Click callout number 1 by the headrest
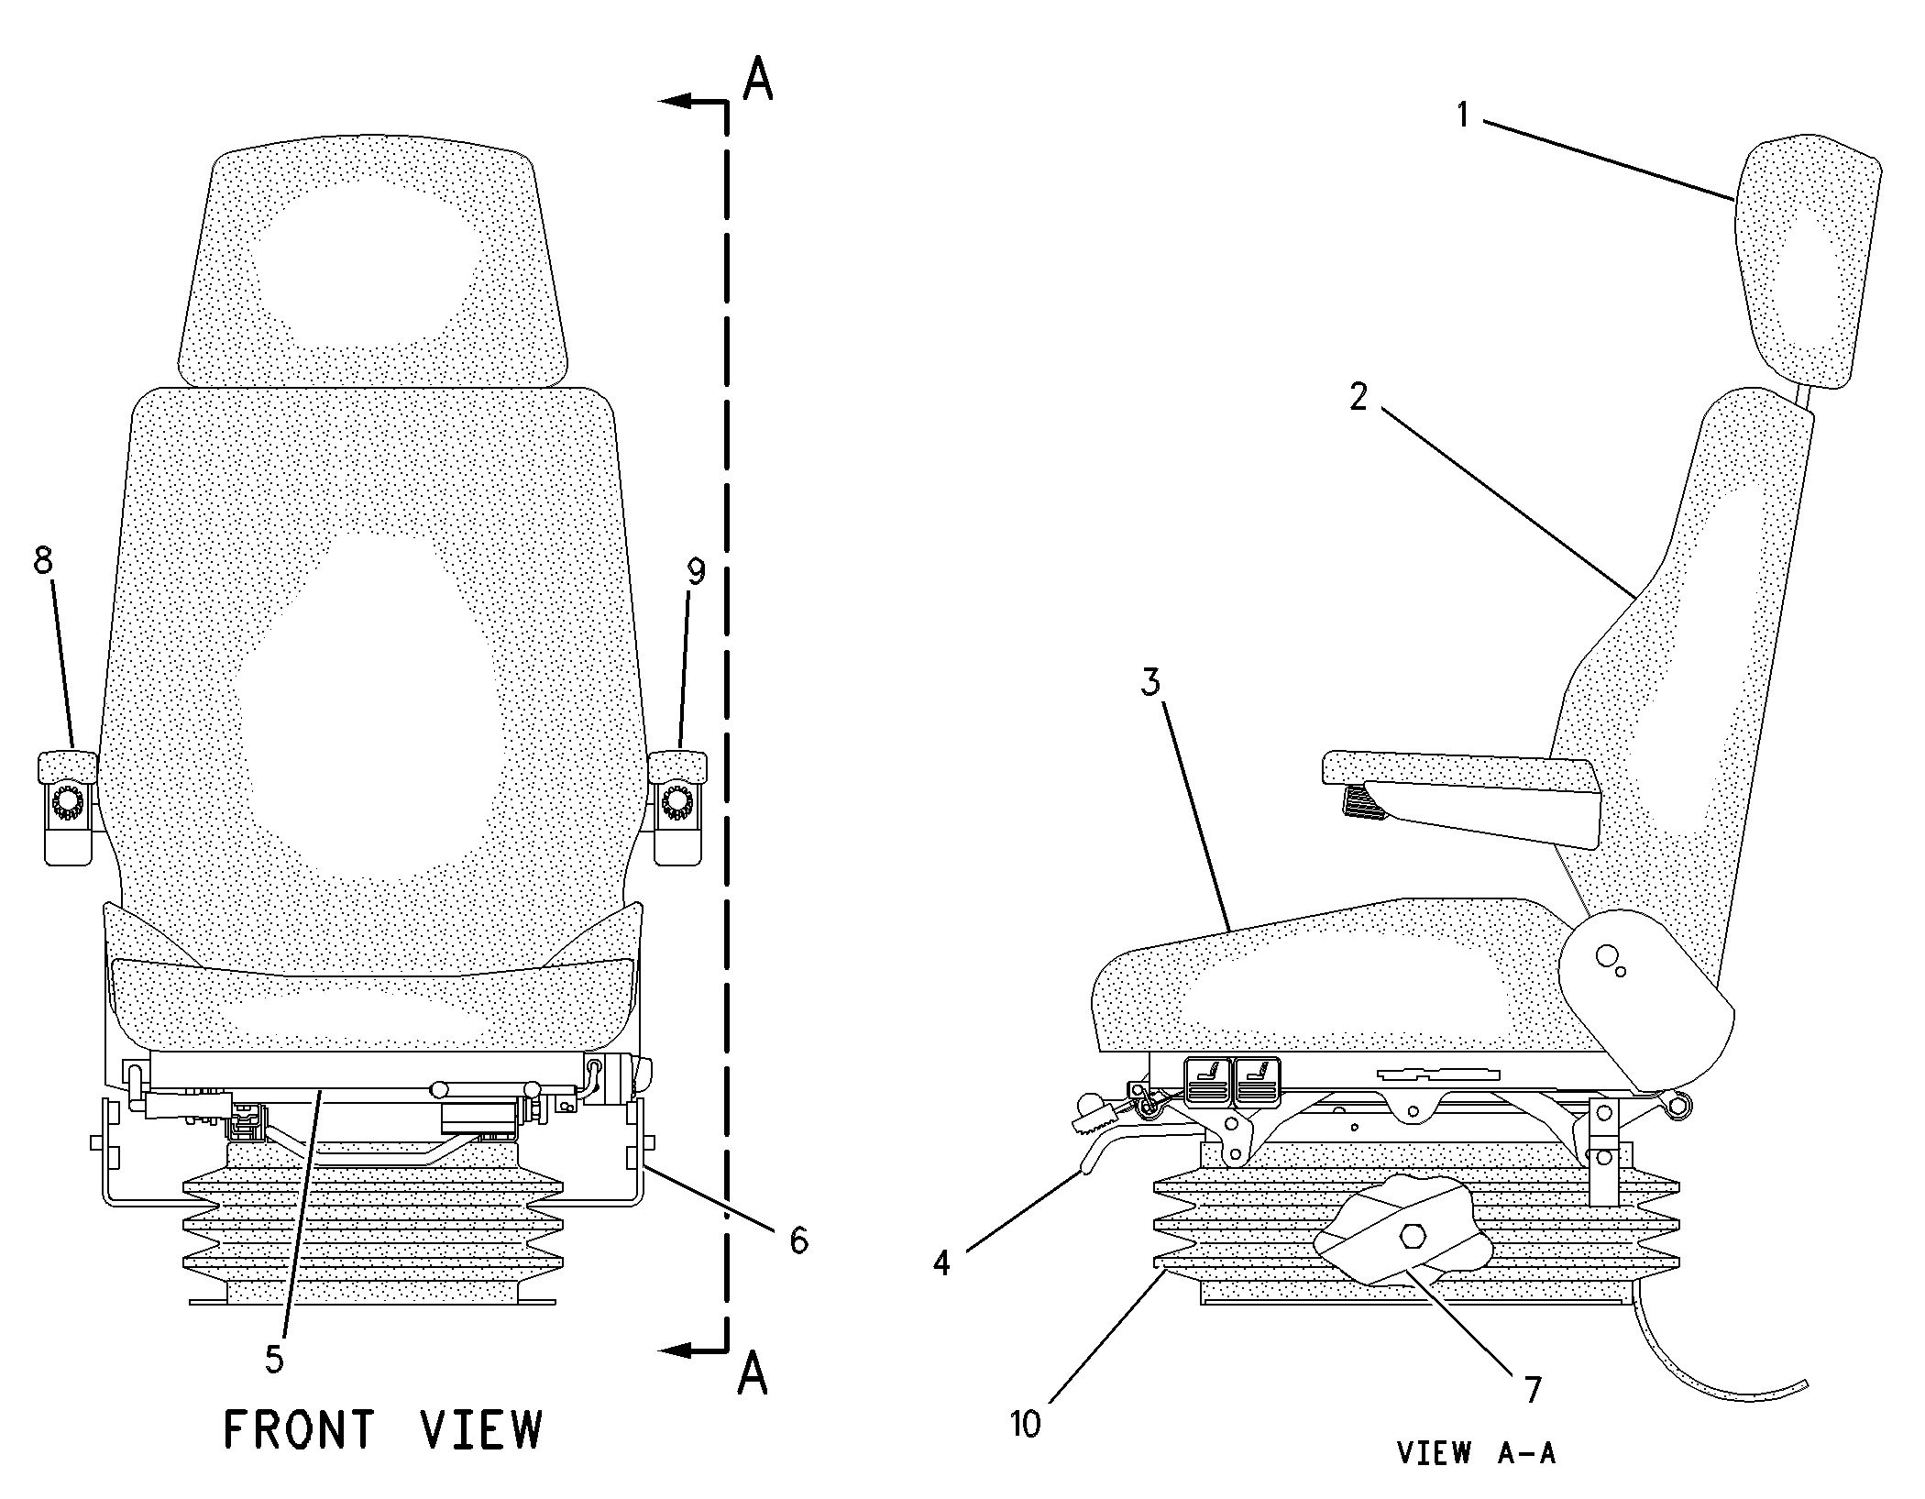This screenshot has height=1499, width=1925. click(1463, 116)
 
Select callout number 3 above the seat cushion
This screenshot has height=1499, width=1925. click(1149, 682)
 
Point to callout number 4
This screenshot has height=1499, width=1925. click(941, 1263)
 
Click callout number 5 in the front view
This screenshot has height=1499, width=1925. click(275, 1359)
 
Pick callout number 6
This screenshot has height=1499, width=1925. click(799, 1240)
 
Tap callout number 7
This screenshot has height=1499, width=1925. click(1534, 1391)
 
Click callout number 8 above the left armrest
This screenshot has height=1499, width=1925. click(43, 560)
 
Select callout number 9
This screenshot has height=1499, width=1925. click(697, 572)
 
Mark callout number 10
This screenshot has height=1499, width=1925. click(1026, 1425)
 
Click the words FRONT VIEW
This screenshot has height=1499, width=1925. click(383, 1429)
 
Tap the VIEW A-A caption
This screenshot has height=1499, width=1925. click(1476, 1453)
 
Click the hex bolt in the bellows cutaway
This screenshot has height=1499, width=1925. click(1411, 1238)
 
